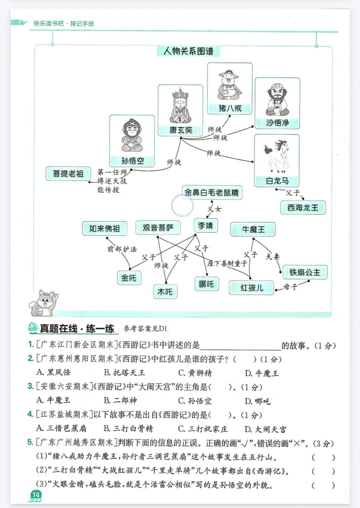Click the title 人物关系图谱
(x=188, y=51)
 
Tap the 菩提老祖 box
(x=68, y=174)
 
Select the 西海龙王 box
(x=303, y=208)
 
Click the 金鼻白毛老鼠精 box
(x=212, y=192)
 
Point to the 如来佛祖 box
(x=104, y=229)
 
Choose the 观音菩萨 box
(x=158, y=228)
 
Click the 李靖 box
(x=205, y=226)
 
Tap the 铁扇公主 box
(x=305, y=273)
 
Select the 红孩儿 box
(x=252, y=288)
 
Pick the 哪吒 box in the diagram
(x=206, y=284)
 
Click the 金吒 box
(x=129, y=278)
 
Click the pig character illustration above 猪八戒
(x=229, y=84)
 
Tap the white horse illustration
(x=277, y=156)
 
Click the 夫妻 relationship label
(x=273, y=256)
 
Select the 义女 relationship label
(x=214, y=209)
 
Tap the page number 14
(x=36, y=495)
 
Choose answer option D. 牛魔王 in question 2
(x=262, y=373)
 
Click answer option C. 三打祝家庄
(x=203, y=429)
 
